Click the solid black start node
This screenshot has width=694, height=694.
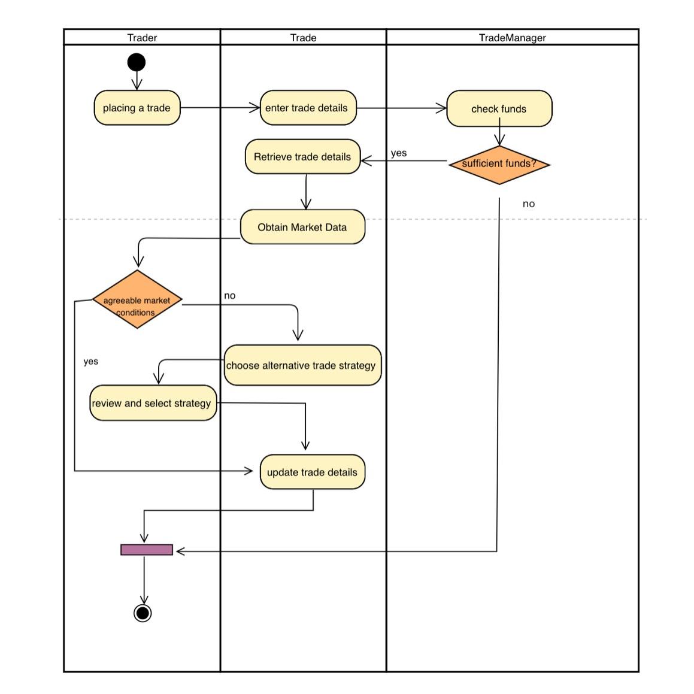pos(137,62)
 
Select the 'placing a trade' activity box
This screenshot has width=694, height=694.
pos(137,108)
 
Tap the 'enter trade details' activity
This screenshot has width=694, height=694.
pos(308,108)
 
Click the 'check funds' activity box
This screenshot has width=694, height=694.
pos(499,108)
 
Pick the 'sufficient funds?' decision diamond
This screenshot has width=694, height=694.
pos(499,164)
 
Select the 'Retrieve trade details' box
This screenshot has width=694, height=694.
pos(302,157)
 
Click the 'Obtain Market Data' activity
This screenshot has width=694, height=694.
pos(302,227)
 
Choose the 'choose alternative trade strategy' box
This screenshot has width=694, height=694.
pos(302,365)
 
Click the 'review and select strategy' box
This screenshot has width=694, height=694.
pos(153,403)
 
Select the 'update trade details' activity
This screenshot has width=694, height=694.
pos(312,472)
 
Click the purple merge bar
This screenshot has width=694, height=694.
pos(147,550)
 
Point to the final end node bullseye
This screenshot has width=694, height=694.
pos(143,613)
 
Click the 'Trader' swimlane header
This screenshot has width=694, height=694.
pos(142,38)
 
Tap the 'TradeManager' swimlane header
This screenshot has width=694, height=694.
pos(512,38)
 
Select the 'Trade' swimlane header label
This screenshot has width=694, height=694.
pos(303,38)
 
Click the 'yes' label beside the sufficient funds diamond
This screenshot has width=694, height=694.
pos(399,153)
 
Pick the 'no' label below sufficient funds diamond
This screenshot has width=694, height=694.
pos(528,204)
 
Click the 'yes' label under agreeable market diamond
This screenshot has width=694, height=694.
pos(91,362)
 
